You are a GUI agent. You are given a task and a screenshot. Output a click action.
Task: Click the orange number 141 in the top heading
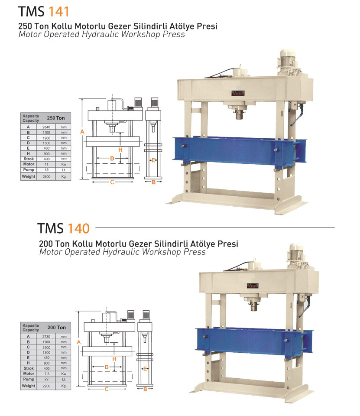[x=58, y=12]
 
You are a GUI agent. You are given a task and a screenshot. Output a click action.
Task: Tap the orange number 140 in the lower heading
[x=78, y=228]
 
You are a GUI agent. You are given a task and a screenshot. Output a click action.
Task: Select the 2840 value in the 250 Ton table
[x=46, y=127]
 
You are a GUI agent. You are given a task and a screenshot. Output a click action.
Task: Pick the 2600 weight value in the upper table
[x=46, y=176]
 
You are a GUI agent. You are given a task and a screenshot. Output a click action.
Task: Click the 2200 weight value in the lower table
[x=46, y=386]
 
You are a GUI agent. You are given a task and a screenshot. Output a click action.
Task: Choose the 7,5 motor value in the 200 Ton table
[x=47, y=374]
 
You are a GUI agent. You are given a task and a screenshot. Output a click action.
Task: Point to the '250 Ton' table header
[x=56, y=118]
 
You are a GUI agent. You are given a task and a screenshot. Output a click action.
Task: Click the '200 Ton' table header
[x=56, y=328]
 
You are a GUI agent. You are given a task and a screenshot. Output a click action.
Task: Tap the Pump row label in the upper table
[x=29, y=170]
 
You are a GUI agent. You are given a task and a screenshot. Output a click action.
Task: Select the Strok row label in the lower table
[x=29, y=368]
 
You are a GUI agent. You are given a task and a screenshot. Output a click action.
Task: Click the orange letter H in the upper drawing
[x=120, y=150]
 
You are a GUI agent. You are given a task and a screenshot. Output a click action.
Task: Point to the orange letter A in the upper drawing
[x=82, y=132]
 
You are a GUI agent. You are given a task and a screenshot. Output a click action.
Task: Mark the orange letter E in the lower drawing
[x=145, y=369]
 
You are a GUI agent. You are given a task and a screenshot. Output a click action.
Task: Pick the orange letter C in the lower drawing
[x=107, y=389]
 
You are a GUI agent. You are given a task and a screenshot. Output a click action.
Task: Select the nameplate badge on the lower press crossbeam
[x=253, y=286]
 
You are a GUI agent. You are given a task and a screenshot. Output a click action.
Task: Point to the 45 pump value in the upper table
[x=46, y=170]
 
